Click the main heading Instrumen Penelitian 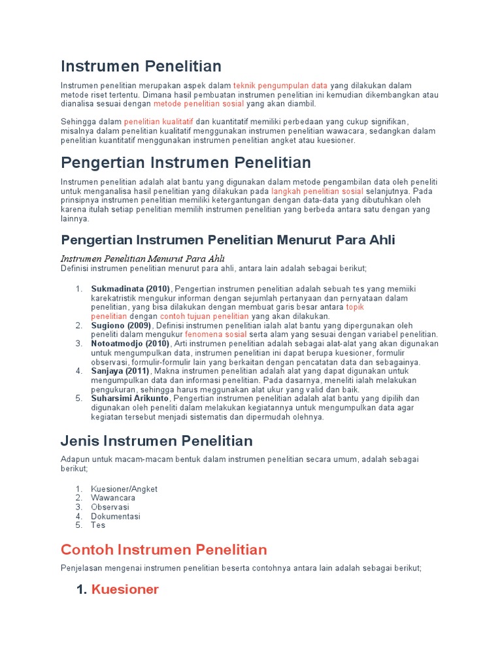click(141, 66)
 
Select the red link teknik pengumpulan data click(280, 86)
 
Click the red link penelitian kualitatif click(159, 122)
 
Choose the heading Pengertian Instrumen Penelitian click(186, 162)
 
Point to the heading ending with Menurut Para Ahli click(227, 240)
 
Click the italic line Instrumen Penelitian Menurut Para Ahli click(142, 258)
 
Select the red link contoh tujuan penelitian click(205, 316)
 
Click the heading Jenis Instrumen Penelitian click(156, 441)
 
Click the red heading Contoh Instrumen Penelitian click(163, 549)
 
